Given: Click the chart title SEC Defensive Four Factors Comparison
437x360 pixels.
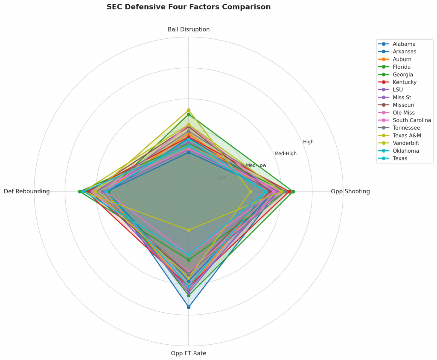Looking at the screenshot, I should (x=188, y=7).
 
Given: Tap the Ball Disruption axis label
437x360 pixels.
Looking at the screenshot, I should (x=188, y=29).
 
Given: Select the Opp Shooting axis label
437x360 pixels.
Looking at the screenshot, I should (x=350, y=192).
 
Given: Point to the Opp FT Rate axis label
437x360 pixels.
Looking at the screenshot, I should (x=188, y=353).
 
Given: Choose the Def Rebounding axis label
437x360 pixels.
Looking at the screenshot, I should (x=26, y=192).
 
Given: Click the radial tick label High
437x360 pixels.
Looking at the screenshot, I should (x=308, y=142).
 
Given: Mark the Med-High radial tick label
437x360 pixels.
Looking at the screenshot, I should (x=285, y=154).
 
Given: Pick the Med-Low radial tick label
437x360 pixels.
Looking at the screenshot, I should (x=256, y=165).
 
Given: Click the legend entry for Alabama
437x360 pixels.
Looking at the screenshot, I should (x=404, y=44).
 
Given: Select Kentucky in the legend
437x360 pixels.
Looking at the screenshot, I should (x=405, y=82).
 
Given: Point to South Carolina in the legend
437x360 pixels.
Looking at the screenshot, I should (x=411, y=120).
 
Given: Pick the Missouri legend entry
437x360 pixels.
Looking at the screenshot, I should (x=403, y=105).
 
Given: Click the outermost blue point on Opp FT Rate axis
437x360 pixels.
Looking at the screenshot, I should (x=188, y=307).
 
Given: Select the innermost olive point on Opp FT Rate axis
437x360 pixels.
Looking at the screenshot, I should (x=188, y=230).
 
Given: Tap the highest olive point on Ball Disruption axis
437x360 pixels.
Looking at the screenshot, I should (x=188, y=110).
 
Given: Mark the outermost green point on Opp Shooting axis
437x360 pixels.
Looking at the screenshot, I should (x=293, y=192).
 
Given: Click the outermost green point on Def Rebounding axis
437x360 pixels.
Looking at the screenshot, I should (x=80, y=192).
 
